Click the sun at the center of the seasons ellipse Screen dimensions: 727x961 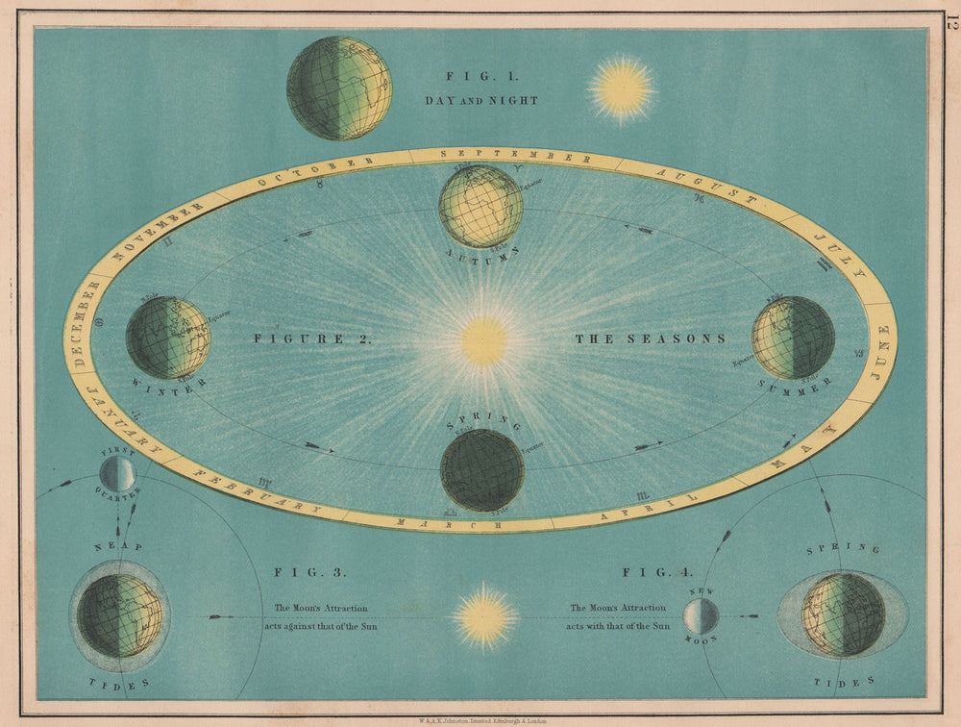[x=483, y=341]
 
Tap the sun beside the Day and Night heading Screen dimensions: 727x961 [x=622, y=88]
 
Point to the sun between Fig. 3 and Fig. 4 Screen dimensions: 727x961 [x=484, y=616]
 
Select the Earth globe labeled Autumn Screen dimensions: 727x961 [x=480, y=207]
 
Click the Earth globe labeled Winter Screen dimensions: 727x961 [x=167, y=338]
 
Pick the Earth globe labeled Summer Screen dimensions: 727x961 [x=793, y=338]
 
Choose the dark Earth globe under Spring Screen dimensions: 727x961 [x=481, y=470]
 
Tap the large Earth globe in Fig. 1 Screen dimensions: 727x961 [x=339, y=88]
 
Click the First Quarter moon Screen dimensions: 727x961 [x=117, y=473]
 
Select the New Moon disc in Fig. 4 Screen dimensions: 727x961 [x=701, y=615]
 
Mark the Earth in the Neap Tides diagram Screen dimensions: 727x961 [x=119, y=615]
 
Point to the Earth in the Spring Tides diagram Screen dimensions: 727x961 [x=843, y=614]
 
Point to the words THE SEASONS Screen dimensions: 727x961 [x=650, y=338]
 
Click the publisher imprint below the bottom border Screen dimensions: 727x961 [x=480, y=718]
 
